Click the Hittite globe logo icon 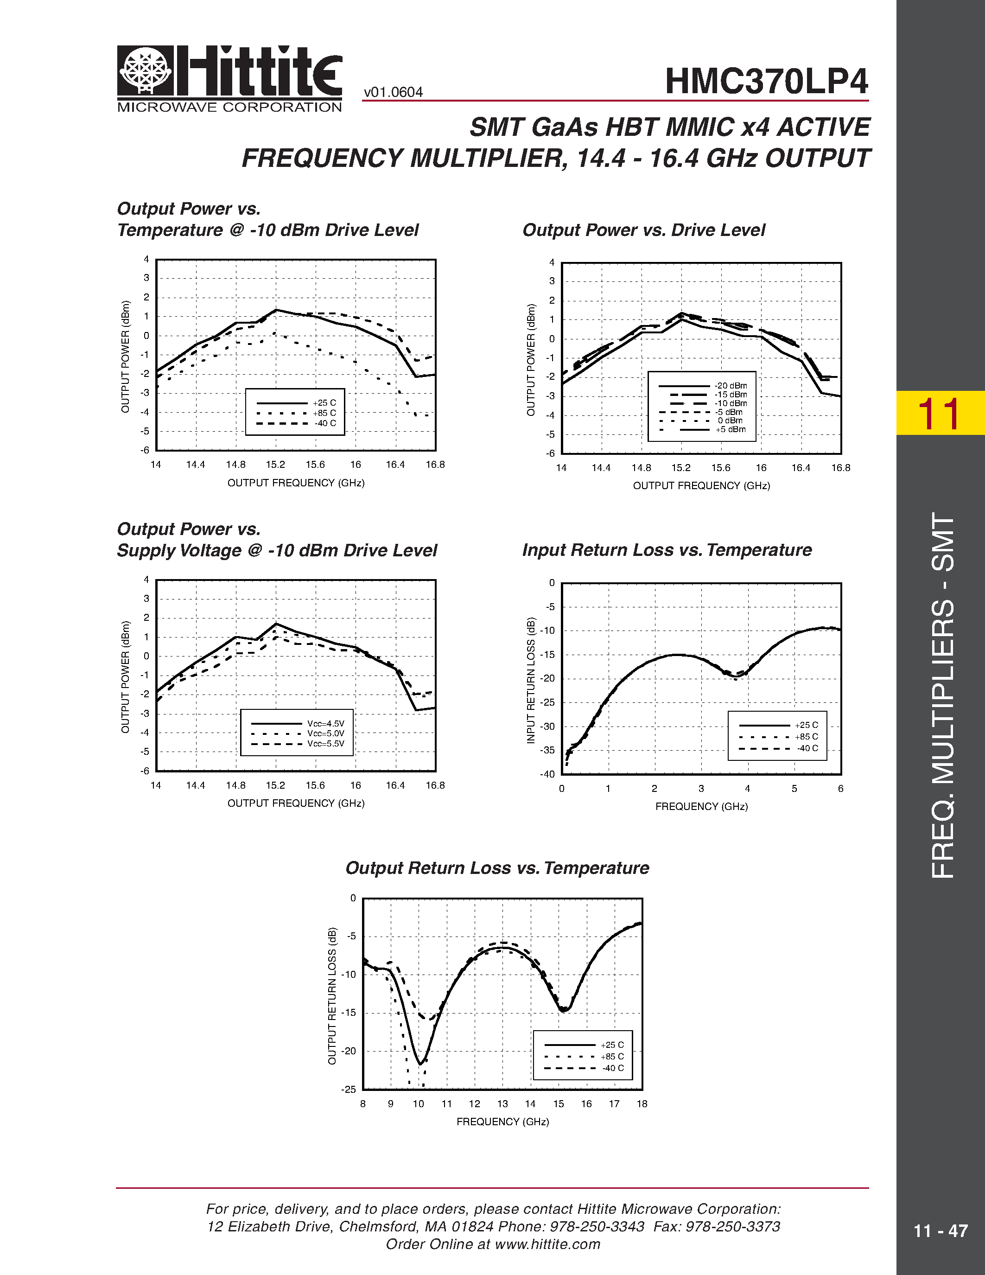click(145, 70)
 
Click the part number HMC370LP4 click(766, 81)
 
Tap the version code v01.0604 click(393, 92)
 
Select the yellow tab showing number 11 click(940, 413)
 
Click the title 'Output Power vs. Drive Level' click(643, 230)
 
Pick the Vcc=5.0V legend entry click(325, 734)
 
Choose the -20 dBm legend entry click(731, 386)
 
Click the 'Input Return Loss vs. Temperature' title click(667, 550)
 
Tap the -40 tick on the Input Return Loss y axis click(547, 774)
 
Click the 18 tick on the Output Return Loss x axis click(642, 1104)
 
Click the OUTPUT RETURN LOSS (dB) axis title click(332, 996)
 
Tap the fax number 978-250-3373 click(732, 1226)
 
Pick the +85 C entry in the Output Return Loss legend click(611, 1057)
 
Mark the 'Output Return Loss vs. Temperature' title click(497, 868)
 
